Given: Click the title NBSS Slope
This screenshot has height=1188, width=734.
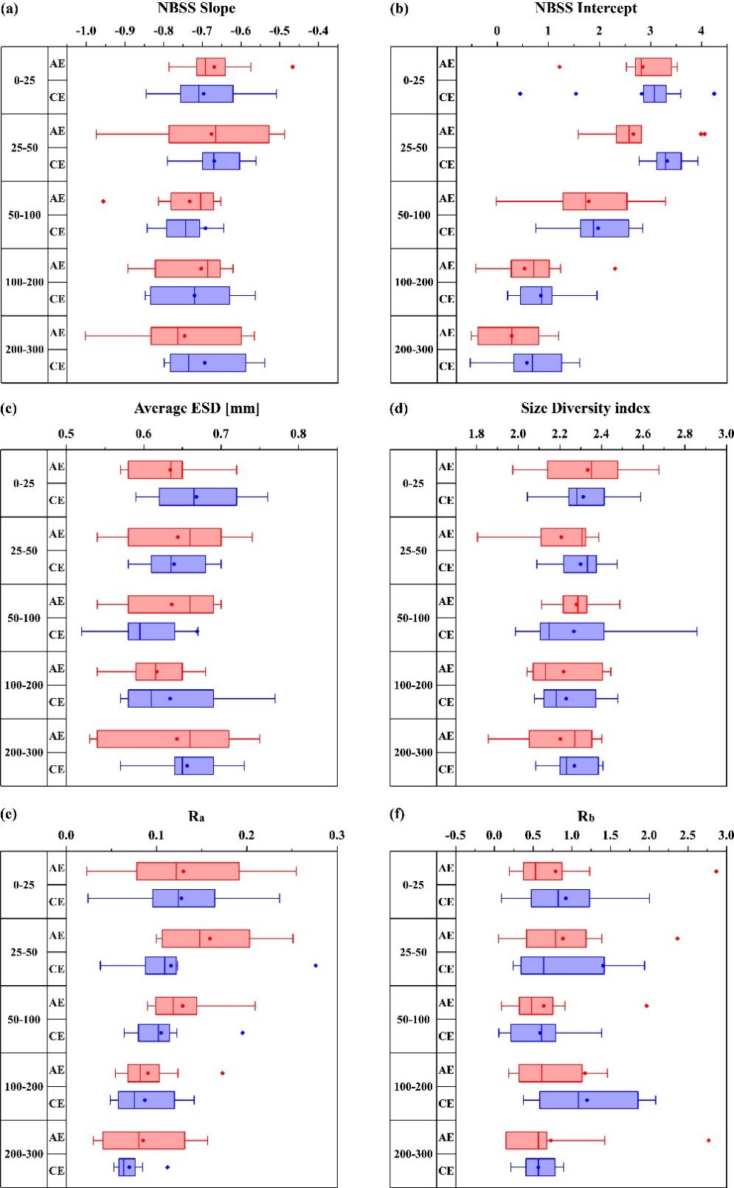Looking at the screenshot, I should click(x=197, y=8).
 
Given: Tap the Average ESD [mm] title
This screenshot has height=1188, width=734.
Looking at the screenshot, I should click(x=196, y=409).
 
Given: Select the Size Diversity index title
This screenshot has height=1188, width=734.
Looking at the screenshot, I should click(x=586, y=409).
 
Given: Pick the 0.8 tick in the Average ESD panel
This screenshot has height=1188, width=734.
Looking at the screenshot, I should click(x=298, y=433).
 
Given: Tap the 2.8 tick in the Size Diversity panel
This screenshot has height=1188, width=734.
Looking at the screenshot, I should click(x=685, y=433).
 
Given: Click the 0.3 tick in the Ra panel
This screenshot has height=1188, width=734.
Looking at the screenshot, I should click(x=336, y=835).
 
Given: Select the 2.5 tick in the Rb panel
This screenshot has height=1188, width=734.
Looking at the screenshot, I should click(x=688, y=835).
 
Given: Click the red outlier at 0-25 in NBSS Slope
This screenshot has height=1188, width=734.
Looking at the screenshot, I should click(x=292, y=66).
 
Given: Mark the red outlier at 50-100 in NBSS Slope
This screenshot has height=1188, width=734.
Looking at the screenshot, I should click(x=103, y=201).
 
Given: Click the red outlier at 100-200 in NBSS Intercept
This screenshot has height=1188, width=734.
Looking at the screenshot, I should click(x=614, y=269).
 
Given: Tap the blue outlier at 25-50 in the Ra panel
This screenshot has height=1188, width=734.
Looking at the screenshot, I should click(x=316, y=965).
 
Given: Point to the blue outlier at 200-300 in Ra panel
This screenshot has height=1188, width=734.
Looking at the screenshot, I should click(x=167, y=1167).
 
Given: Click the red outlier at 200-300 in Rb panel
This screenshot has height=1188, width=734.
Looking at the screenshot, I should click(x=708, y=1140).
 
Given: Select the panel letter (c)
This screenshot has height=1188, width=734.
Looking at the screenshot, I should click(x=10, y=407).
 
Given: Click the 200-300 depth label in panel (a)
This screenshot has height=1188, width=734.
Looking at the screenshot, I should click(x=24, y=350).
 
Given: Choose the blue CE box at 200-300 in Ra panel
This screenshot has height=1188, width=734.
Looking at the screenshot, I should click(x=127, y=1167).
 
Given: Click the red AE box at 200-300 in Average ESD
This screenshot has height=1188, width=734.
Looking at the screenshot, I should click(x=163, y=739).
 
